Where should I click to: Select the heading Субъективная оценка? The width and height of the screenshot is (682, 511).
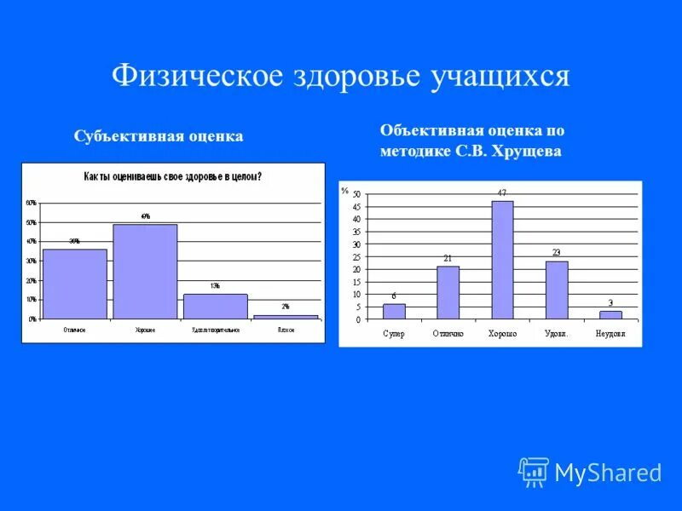159,136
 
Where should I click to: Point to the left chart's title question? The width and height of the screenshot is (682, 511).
172,177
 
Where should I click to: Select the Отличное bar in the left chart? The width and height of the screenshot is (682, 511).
75,284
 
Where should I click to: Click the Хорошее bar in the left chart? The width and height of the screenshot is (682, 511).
145,272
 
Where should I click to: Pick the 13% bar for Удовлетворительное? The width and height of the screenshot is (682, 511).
215,307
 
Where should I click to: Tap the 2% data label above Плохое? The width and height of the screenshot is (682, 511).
286,307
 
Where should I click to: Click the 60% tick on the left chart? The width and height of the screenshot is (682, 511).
31,204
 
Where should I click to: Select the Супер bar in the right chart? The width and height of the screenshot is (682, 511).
394,312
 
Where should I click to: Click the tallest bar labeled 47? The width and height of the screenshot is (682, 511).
502,260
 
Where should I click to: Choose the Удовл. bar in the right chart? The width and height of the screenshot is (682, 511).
556,290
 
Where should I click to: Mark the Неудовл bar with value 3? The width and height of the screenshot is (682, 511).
610,315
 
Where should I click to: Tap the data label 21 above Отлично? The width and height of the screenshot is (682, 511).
448,258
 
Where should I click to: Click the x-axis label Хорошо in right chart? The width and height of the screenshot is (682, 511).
502,333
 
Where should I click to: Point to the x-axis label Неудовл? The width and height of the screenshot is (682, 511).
610,333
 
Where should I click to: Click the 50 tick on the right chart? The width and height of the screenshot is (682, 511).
356,194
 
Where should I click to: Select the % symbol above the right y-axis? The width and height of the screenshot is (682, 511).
344,190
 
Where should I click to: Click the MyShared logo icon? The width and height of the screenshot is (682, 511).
534,472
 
